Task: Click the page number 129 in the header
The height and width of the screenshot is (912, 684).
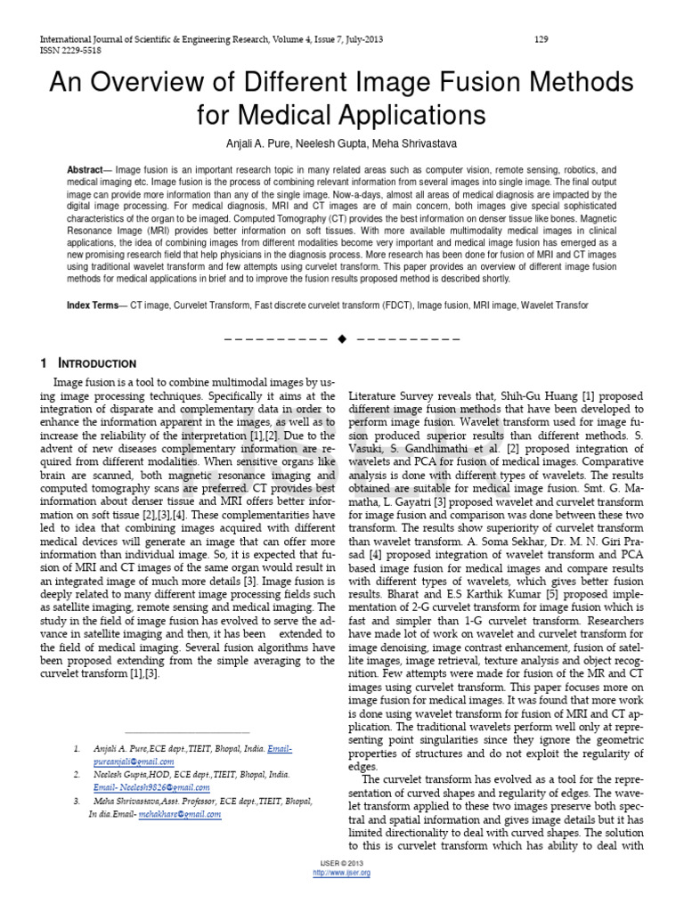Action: click(540, 39)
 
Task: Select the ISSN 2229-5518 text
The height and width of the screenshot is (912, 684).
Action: click(68, 51)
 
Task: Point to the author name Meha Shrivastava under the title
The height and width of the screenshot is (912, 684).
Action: click(424, 143)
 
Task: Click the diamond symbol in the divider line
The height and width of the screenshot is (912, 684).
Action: click(341, 340)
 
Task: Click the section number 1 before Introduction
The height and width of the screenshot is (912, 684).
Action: click(44, 364)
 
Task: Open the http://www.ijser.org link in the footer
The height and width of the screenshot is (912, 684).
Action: click(341, 873)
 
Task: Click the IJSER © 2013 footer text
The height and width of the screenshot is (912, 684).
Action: click(341, 864)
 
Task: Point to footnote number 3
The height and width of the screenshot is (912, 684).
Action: click(77, 802)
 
